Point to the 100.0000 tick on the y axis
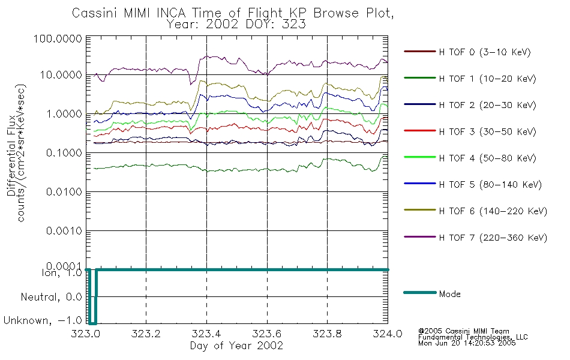(58, 38)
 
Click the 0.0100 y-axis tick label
(64, 191)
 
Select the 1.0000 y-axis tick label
(64, 114)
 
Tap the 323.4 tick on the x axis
(206, 334)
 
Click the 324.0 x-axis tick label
(388, 334)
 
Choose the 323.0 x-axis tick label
(86, 334)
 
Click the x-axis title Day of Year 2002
(236, 346)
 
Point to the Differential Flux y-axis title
(11, 155)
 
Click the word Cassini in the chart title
(95, 13)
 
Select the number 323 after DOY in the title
(295, 24)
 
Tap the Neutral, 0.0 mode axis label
(51, 297)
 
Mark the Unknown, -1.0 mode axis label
(43, 320)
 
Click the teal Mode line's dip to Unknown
(92, 323)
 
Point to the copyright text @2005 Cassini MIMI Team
(463, 331)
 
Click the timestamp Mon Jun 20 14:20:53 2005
(467, 343)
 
